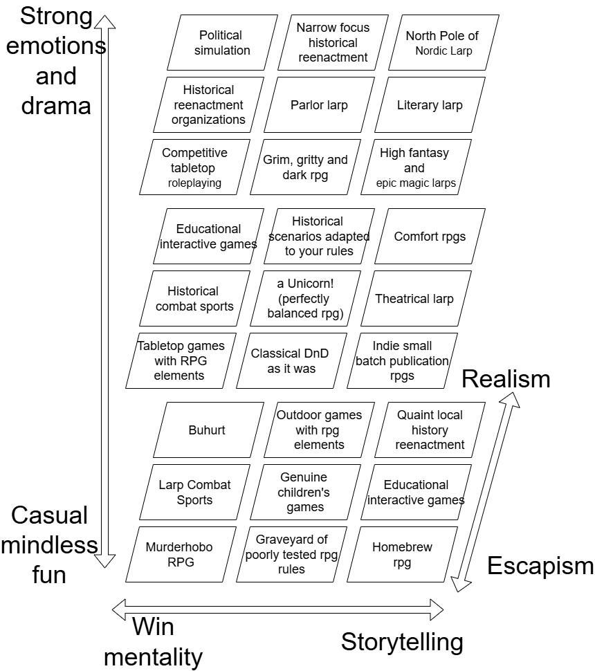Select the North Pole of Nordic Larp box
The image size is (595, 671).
(442, 42)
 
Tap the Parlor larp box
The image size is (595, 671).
(319, 105)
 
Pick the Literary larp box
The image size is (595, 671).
(430, 105)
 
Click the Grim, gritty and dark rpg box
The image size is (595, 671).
(305, 167)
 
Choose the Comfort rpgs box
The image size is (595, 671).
(430, 237)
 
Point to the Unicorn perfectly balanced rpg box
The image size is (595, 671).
(305, 299)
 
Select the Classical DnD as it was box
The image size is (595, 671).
(291, 360)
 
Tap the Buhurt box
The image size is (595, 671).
(207, 430)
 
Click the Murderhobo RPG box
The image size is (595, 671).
(179, 555)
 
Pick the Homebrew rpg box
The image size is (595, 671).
(402, 555)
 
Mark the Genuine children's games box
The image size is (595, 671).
(305, 493)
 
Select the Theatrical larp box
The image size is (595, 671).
(414, 299)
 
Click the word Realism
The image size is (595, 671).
(506, 379)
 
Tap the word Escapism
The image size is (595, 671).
(540, 566)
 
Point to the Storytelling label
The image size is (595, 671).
(402, 642)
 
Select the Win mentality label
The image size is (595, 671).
(153, 642)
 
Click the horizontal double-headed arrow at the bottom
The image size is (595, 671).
(277, 609)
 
